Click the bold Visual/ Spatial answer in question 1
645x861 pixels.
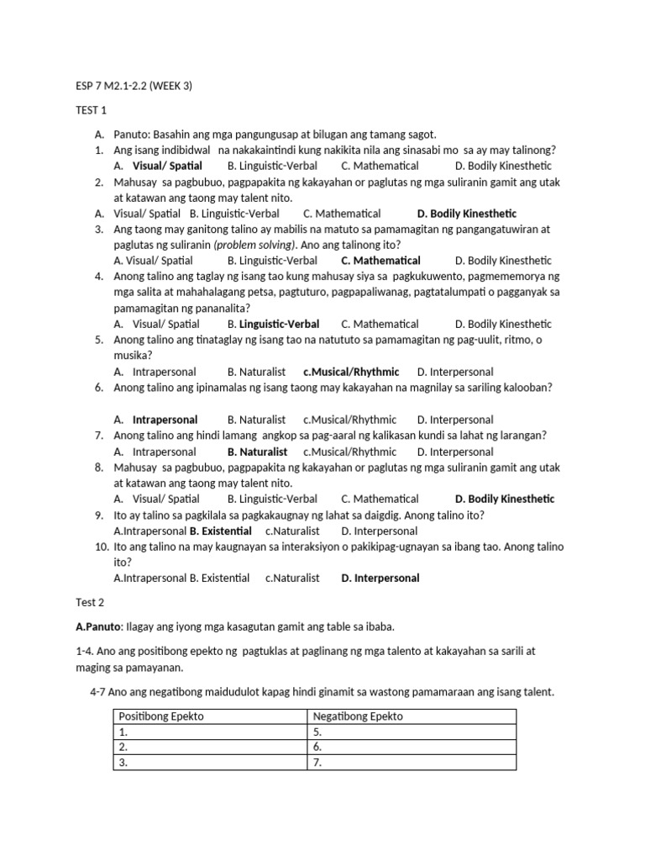click(167, 166)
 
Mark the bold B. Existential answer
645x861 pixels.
click(221, 531)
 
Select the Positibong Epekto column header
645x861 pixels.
click(161, 716)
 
